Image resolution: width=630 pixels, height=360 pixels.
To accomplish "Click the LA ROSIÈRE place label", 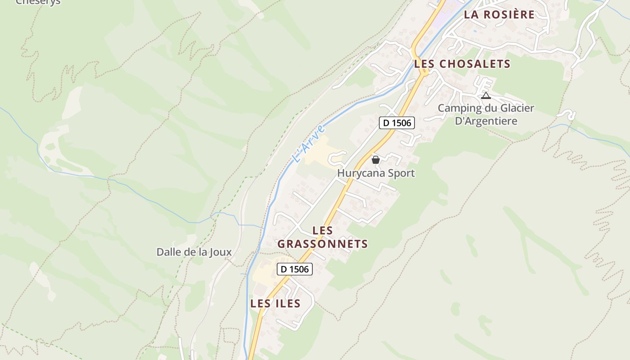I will click(x=499, y=14).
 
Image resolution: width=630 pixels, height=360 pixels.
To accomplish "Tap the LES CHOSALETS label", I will click(x=462, y=64).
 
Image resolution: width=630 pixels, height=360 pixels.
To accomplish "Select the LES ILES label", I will click(x=275, y=303).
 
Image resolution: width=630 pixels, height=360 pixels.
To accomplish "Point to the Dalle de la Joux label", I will click(x=194, y=252).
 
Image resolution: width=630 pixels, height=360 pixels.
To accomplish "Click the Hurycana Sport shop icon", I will click(x=376, y=160).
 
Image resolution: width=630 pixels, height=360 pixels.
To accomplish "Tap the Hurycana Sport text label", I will click(x=376, y=173).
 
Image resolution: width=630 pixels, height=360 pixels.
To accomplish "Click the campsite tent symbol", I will click(x=486, y=95).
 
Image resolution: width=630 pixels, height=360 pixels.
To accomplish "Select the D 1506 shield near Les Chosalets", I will click(x=396, y=123).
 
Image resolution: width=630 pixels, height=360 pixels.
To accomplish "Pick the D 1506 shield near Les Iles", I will click(x=294, y=269).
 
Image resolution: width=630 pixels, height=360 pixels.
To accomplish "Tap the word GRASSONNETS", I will click(x=323, y=244).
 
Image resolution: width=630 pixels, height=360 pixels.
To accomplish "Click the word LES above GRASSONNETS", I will click(x=323, y=230).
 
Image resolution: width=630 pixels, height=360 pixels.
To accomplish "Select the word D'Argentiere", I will click(x=486, y=121).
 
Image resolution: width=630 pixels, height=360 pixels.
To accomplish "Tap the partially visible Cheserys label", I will click(x=38, y=2).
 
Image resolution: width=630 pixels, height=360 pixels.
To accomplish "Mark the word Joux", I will click(x=220, y=252).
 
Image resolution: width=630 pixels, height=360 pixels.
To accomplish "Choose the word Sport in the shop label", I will click(x=400, y=173).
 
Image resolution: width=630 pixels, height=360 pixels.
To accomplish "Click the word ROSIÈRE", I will click(x=511, y=14).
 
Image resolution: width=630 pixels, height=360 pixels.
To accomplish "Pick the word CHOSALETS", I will click(x=474, y=64).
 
